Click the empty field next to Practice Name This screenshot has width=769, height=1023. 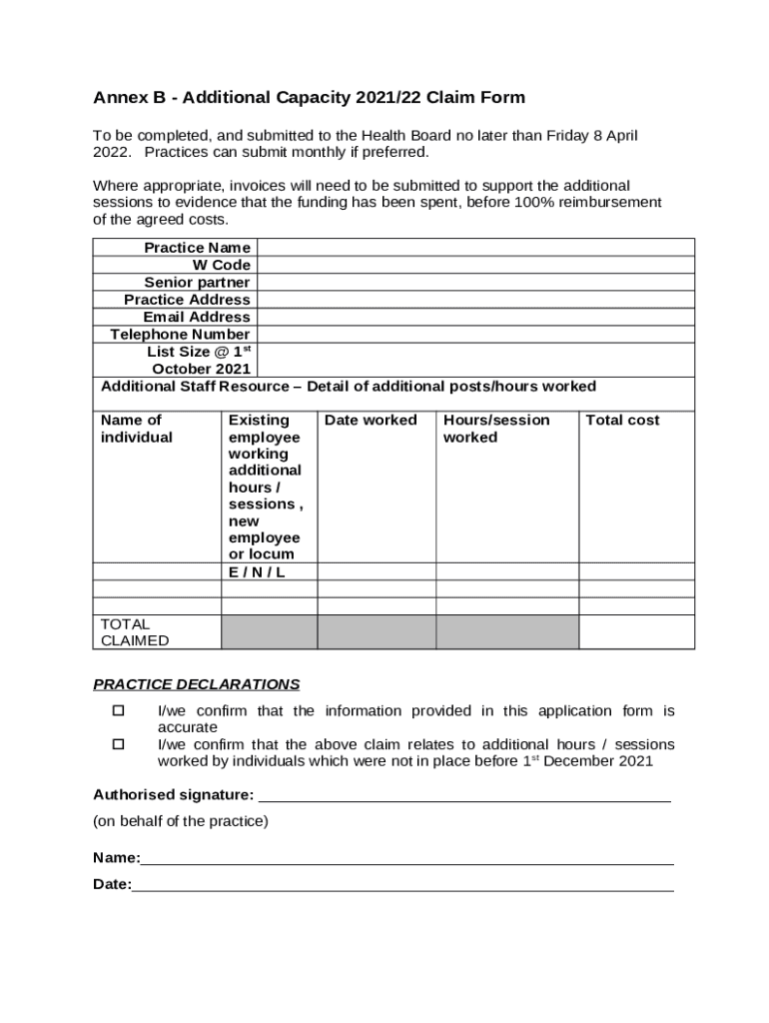click(475, 248)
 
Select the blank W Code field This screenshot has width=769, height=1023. click(475, 265)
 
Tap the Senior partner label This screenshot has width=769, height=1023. click(197, 283)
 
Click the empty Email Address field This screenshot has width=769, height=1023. click(475, 317)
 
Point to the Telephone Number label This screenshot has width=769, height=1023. click(180, 335)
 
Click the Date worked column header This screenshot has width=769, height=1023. click(371, 421)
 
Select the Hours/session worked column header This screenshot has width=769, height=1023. click(496, 429)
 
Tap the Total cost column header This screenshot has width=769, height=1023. click(622, 421)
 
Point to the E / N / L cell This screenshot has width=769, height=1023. click(257, 572)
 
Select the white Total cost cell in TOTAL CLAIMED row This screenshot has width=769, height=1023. click(636, 632)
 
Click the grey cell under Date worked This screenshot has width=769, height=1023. click(377, 632)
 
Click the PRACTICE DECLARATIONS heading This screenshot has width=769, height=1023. click(196, 685)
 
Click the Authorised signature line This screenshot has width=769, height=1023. click(464, 796)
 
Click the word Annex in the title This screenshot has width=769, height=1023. click(117, 98)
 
